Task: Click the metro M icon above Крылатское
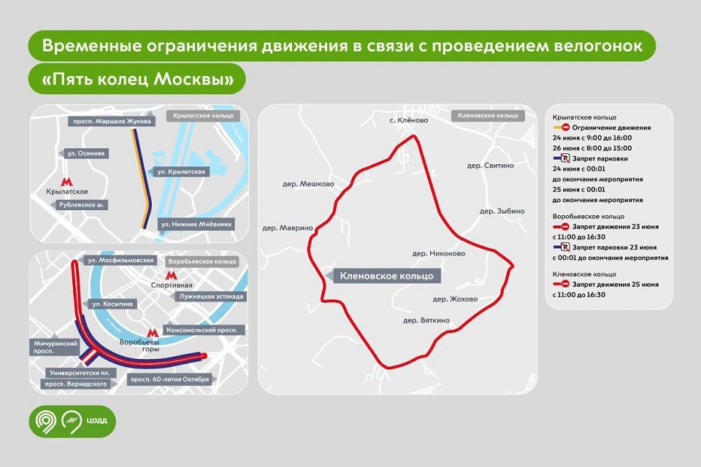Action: tap(66, 182)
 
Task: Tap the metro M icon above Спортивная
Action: tap(171, 275)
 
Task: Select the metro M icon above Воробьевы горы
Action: tap(153, 333)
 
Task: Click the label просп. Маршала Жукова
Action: tap(112, 121)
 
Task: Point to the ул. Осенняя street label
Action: tap(86, 153)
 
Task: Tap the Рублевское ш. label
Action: tap(81, 205)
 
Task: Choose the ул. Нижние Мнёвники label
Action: tap(196, 224)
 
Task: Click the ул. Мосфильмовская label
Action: tap(120, 260)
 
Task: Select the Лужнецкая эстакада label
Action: tap(211, 296)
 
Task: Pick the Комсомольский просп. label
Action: tap(204, 331)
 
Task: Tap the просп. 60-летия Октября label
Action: tap(169, 379)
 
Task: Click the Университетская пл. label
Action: tap(80, 373)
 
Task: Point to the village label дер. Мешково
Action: tap(308, 184)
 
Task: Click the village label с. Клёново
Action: tap(409, 120)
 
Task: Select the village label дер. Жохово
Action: tap(455, 299)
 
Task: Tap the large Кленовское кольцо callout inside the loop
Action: tap(387, 276)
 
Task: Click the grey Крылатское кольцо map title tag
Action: tap(204, 116)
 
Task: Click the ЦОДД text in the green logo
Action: tap(97, 420)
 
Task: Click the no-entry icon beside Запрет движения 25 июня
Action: tap(564, 285)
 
